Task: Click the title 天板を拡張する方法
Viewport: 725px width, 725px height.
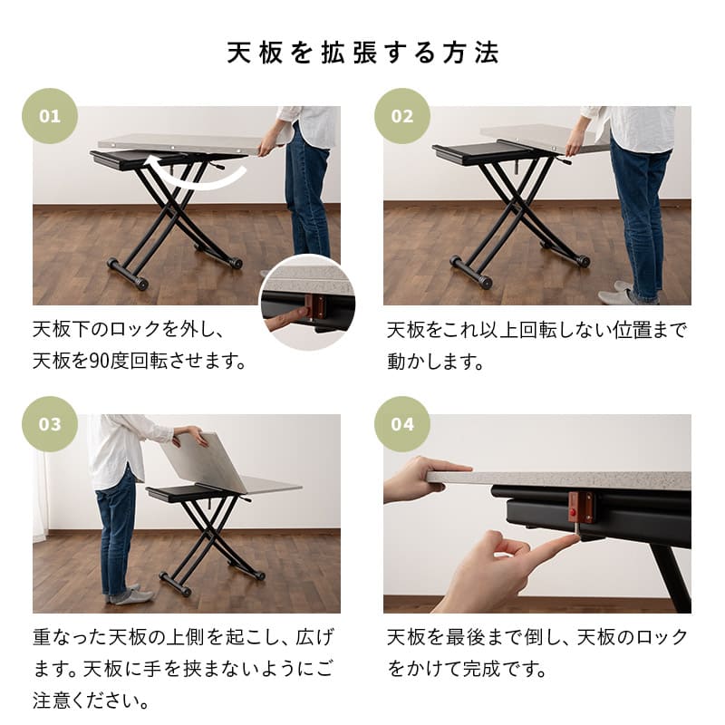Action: (362, 52)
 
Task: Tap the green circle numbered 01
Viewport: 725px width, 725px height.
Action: (50, 116)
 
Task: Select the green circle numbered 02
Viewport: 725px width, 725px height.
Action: (401, 116)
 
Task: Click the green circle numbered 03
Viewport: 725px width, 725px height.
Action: (50, 423)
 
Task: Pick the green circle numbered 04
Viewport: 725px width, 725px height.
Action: (401, 423)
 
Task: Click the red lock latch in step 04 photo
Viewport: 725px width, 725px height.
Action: (579, 507)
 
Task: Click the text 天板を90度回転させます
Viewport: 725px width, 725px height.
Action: (140, 361)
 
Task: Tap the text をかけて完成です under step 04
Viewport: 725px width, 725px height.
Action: (467, 671)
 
